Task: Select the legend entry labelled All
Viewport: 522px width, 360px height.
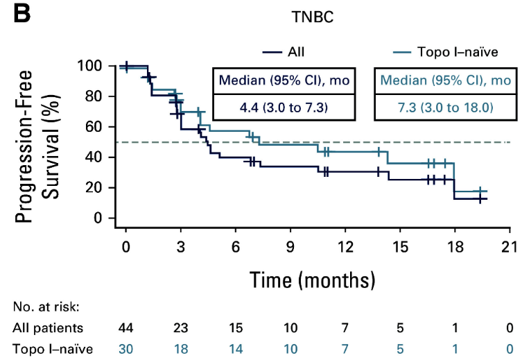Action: (295, 51)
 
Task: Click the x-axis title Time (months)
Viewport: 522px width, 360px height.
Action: (313, 280)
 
